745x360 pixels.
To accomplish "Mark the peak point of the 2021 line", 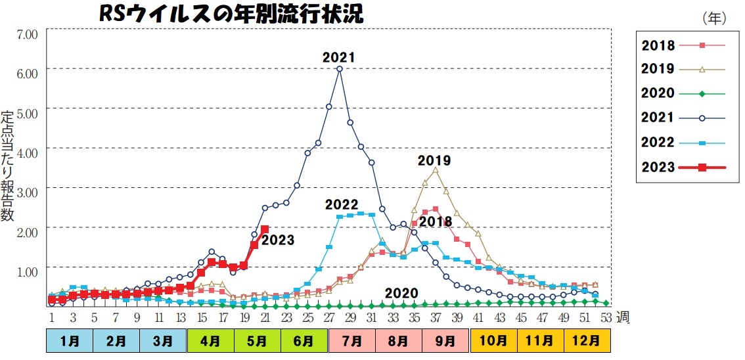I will tap(340, 68).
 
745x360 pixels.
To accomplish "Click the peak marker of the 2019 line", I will tap(435, 169).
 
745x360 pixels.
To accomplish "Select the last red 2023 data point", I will tap(265, 229).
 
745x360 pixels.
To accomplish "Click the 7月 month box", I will tap(352, 341).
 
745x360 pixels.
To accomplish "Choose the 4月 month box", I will tap(210, 341).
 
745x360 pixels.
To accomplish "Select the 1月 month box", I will tap(69, 341).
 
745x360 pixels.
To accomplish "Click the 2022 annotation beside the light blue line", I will tap(341, 205).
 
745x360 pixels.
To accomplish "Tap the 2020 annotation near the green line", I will tap(401, 293).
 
